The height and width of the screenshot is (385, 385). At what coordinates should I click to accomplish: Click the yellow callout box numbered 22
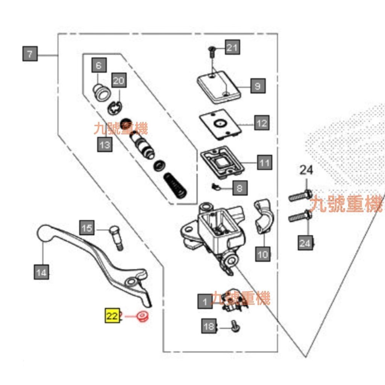tap(112, 316)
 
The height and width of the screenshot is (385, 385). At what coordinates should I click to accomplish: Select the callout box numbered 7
tap(30, 54)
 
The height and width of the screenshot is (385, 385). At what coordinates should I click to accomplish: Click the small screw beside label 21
tap(211, 51)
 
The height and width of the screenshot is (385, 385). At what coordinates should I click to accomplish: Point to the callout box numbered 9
tap(258, 86)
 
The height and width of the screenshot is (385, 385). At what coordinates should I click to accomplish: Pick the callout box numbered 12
tap(262, 123)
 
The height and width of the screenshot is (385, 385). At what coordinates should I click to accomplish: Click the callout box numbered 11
tap(265, 163)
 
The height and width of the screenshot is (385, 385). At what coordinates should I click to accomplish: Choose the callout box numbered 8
tap(240, 187)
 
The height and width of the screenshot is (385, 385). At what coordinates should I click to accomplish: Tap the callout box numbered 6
tap(99, 66)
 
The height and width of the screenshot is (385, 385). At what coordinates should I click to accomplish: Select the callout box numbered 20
tap(118, 81)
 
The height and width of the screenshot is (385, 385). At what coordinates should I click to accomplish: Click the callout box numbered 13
tap(105, 144)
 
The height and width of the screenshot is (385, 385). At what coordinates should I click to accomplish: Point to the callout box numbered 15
tap(87, 228)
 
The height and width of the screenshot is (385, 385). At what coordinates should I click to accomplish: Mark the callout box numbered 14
tap(42, 272)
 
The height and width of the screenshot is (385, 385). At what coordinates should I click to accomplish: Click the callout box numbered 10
tap(263, 255)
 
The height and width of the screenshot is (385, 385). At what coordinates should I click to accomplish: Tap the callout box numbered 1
tap(205, 301)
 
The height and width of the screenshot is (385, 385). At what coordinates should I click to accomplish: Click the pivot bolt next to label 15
tap(116, 238)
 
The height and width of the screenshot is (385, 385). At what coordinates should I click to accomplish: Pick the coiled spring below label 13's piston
tap(175, 185)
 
